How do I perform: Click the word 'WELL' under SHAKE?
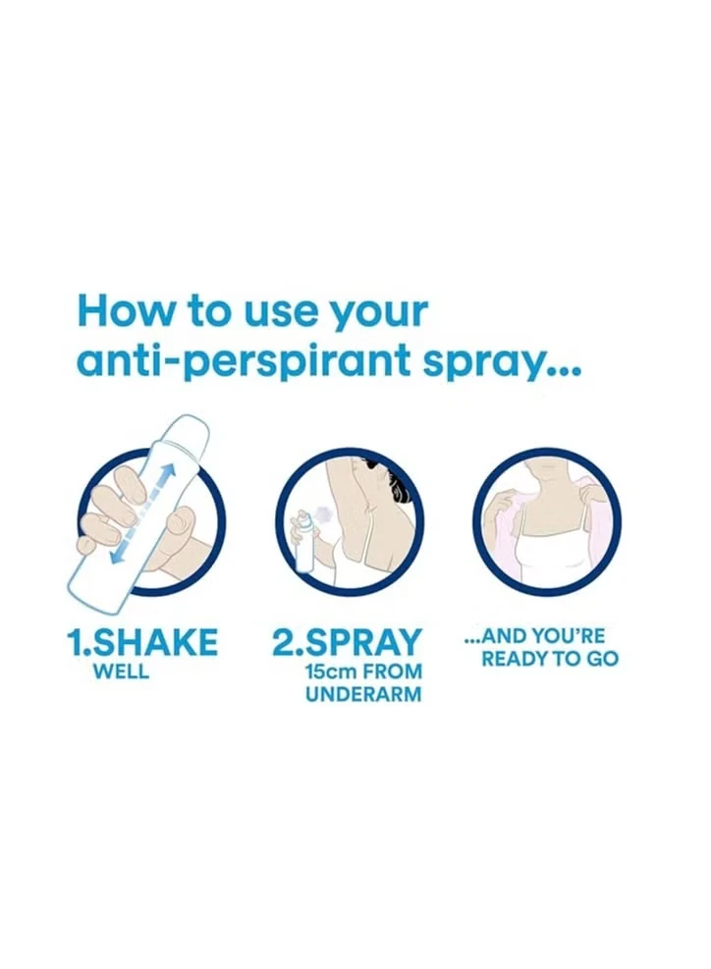[x=121, y=672]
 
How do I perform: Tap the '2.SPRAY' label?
[x=348, y=642]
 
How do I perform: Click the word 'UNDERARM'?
[x=363, y=694]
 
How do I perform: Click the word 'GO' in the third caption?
[x=602, y=659]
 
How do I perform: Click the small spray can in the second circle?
[x=303, y=542]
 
